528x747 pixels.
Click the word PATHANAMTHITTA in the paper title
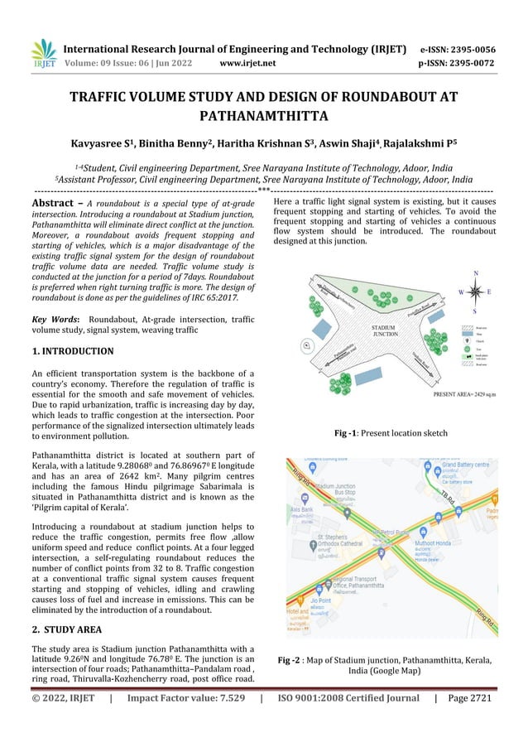coord(263,117)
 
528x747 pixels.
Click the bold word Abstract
coord(55,203)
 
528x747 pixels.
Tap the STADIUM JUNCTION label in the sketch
coord(384,330)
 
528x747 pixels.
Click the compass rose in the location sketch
coord(475,292)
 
